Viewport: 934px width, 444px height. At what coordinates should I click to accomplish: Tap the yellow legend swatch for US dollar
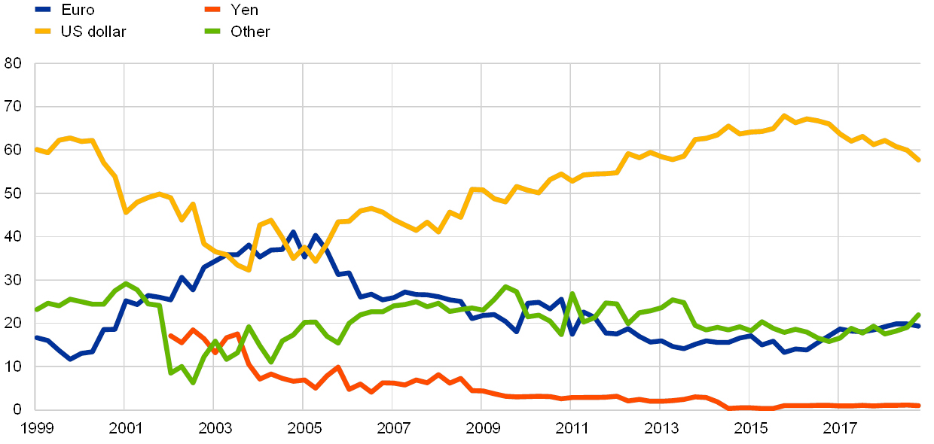point(44,31)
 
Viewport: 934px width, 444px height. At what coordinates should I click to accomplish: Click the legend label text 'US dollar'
point(95,31)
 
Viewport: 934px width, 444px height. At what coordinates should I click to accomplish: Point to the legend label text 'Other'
point(250,31)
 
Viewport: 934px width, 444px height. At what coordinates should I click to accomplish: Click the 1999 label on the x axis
point(35,428)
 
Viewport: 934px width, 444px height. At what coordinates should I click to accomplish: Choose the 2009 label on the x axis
point(482,428)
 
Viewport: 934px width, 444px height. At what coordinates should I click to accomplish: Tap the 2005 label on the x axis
point(304,428)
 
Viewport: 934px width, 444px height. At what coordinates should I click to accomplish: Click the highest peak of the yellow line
point(784,116)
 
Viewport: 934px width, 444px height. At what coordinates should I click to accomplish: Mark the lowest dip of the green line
point(194,382)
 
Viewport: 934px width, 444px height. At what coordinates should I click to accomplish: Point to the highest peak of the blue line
point(293,233)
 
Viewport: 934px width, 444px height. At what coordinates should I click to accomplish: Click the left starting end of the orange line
point(169,336)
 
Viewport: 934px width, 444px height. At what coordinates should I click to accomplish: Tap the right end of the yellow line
point(919,160)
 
